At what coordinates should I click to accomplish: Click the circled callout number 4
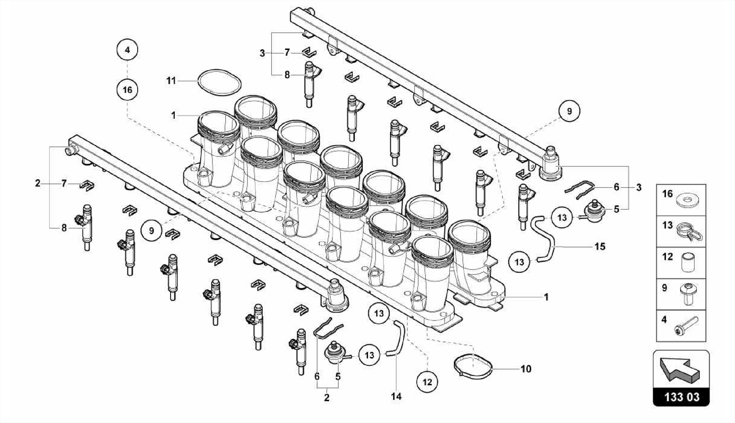pyautogui.click(x=127, y=50)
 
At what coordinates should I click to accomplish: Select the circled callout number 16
pyautogui.click(x=127, y=90)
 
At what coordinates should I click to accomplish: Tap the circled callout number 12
pyautogui.click(x=427, y=382)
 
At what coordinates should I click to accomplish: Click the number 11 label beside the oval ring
pyautogui.click(x=171, y=81)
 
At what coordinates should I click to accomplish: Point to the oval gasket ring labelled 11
pyautogui.click(x=219, y=82)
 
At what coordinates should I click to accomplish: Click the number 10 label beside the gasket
pyautogui.click(x=526, y=369)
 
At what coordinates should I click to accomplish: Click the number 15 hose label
pyautogui.click(x=600, y=247)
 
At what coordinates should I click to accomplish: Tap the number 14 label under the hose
pyautogui.click(x=397, y=397)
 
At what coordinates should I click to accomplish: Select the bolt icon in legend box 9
pyautogui.click(x=688, y=294)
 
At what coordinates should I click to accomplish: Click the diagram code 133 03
pyautogui.click(x=682, y=397)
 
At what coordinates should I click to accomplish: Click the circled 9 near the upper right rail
pyautogui.click(x=569, y=111)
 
